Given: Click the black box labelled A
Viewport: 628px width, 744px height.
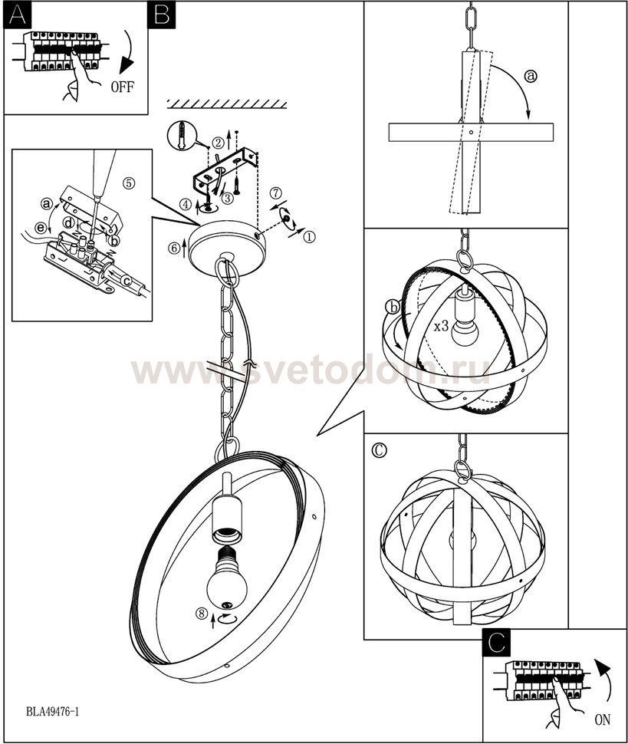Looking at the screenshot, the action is point(18,15).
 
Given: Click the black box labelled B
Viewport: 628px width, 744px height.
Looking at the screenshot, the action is point(161,15).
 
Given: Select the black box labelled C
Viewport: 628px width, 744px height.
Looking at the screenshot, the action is point(496,643).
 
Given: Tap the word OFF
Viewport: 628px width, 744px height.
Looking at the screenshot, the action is point(123,87).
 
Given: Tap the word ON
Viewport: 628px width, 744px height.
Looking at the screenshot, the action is point(603,719).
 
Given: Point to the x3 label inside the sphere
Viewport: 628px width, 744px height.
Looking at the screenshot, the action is point(441,326).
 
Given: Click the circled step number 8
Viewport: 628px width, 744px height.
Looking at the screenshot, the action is point(202,614).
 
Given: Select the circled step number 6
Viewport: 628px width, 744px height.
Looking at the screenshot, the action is point(174,248).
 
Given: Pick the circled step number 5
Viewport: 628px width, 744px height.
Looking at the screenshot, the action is point(129,183).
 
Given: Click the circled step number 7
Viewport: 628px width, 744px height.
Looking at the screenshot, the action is point(275,193).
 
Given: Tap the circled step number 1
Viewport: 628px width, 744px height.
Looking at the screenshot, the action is point(309,236).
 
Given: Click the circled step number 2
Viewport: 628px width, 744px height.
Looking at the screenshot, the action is point(218,142).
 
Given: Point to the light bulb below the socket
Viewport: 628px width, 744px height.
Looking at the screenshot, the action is point(227,578).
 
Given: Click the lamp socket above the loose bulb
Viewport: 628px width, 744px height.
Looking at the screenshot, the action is point(227,521).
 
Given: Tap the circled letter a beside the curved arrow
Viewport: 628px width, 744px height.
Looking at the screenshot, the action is point(531,75).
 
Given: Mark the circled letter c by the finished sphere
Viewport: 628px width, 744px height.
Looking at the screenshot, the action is point(379,449).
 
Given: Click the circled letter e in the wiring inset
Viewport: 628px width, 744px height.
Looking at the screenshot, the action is point(41,229).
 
